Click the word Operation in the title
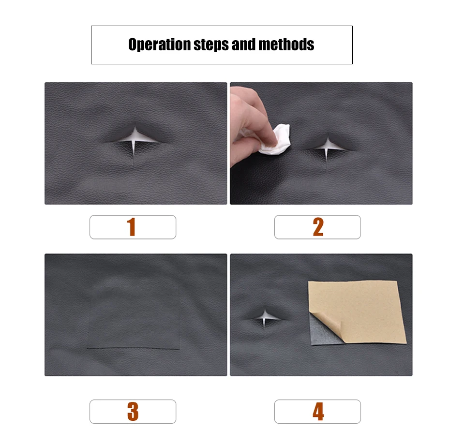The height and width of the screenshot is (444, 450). (x=159, y=45)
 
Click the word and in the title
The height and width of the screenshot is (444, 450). (x=244, y=44)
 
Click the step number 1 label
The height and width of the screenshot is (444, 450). (x=131, y=227)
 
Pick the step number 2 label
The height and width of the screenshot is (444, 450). (x=318, y=227)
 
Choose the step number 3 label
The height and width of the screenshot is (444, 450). (x=133, y=411)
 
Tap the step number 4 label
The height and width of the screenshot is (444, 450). (x=318, y=411)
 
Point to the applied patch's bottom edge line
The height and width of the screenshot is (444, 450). (x=134, y=349)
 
